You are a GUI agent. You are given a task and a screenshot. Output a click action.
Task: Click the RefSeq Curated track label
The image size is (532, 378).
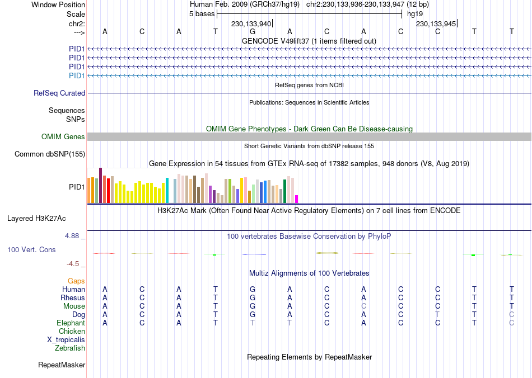tap(59, 93)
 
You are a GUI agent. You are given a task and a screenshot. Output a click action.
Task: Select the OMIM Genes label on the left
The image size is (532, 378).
tap(63, 137)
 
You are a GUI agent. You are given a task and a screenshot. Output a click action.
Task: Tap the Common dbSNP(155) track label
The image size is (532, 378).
tap(50, 154)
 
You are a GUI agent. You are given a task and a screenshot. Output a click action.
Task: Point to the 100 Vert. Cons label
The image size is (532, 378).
tap(31, 249)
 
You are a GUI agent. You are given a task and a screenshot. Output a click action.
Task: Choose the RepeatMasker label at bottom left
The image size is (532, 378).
tap(62, 365)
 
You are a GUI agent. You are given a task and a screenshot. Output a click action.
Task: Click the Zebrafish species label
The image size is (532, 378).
tap(70, 348)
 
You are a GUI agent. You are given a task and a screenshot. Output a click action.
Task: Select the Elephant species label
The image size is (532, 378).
tap(71, 323)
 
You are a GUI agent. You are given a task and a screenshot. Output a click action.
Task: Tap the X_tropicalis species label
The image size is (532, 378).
tap(66, 340)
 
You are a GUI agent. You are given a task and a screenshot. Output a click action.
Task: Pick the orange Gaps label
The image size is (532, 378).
tap(76, 281)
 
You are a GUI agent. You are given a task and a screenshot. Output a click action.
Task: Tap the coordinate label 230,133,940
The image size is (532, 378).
tap(251, 23)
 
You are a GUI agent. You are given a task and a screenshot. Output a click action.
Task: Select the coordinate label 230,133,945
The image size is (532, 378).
tap(436, 23)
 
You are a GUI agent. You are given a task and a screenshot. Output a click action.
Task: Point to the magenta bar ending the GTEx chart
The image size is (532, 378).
tap(297, 199)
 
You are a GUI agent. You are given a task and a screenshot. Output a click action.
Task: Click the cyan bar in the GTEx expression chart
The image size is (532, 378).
tap(167, 190)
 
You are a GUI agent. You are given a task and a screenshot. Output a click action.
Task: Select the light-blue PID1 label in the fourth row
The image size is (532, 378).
tap(76, 75)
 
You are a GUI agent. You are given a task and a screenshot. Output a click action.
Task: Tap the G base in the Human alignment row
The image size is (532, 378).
tap(253, 289)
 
